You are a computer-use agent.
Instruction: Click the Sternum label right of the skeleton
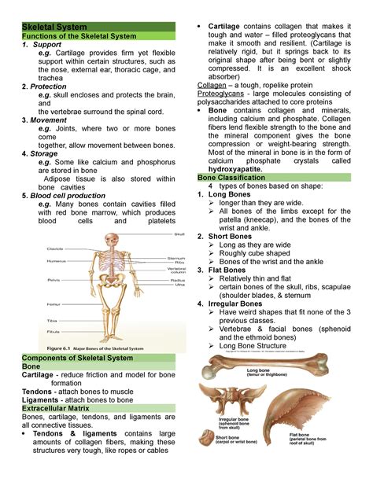[x=175, y=257]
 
